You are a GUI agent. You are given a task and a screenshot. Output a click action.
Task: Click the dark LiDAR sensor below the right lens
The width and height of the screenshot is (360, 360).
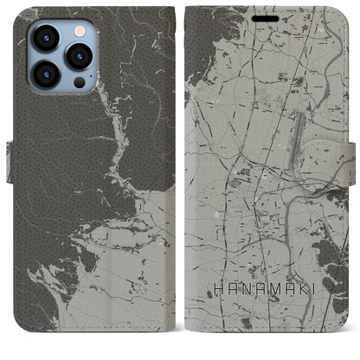(79, 82)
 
